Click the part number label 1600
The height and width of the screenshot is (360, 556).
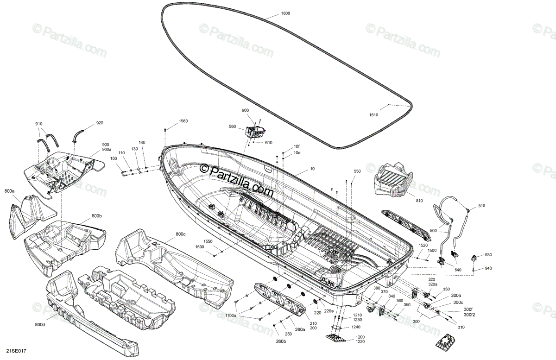(285, 13)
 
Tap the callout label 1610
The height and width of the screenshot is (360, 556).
(373, 115)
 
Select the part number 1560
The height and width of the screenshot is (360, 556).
(183, 121)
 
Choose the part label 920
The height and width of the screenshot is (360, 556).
(100, 123)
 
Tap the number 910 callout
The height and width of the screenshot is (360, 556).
(38, 124)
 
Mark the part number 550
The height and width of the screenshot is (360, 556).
(357, 171)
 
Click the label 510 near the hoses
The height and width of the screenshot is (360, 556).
(482, 206)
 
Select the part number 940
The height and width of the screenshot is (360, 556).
(488, 268)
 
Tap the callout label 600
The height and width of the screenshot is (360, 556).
(245, 110)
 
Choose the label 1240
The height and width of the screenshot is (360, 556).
(355, 327)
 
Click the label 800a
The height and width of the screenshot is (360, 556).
(10, 191)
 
